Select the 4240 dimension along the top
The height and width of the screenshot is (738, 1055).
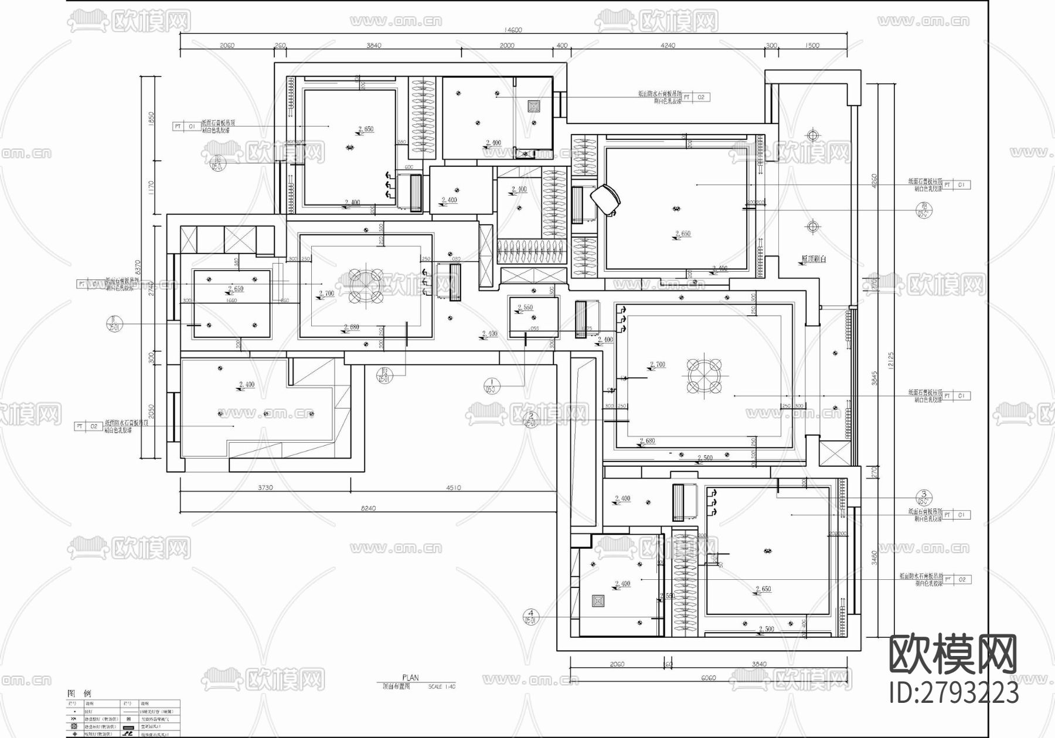tap(668, 46)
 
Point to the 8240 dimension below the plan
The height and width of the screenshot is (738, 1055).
tap(368, 508)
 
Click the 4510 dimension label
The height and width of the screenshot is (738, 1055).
tap(453, 487)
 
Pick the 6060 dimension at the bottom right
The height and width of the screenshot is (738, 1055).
tap(708, 678)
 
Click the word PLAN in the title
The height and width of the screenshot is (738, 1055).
tap(410, 678)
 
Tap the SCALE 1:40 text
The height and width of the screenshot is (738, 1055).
tap(441, 686)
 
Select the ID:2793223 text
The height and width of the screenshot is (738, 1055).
tap(954, 693)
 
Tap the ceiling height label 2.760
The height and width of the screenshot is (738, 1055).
tap(657, 365)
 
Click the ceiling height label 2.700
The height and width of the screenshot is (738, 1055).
tap(326, 293)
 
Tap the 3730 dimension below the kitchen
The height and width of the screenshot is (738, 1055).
tap(264, 487)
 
